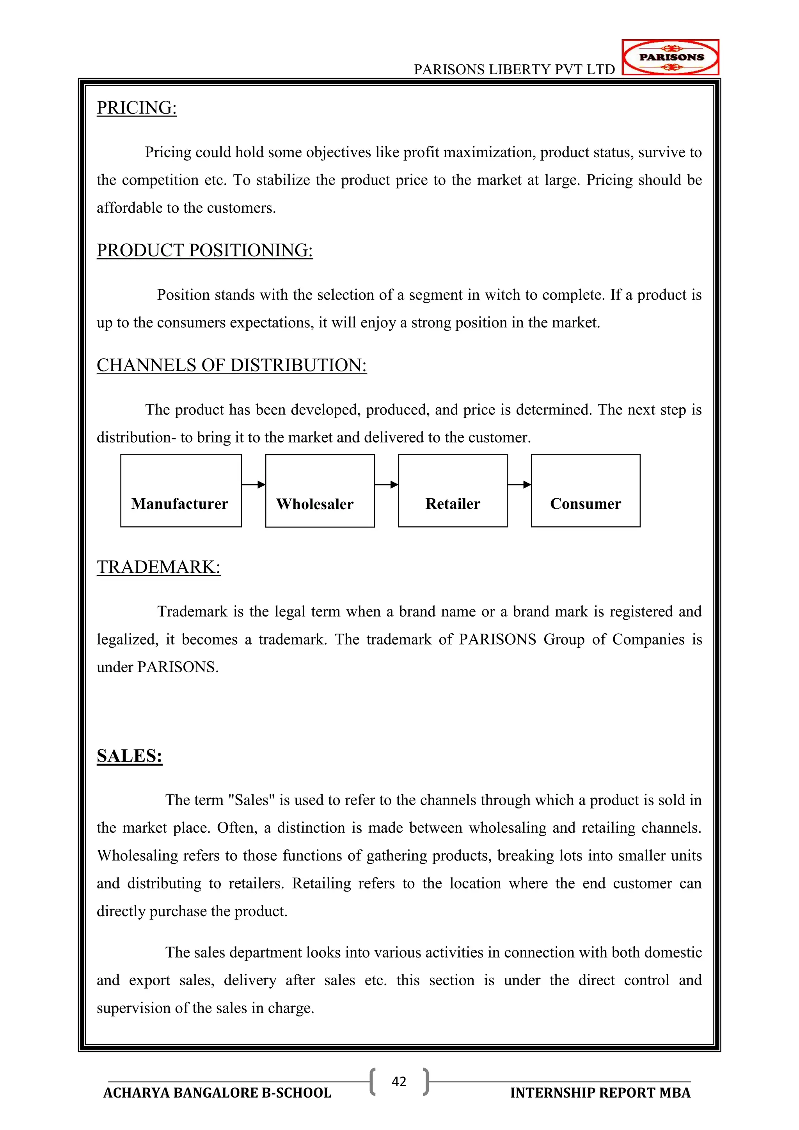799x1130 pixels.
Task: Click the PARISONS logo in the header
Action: (670, 57)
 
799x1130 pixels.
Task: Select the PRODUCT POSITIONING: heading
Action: (205, 250)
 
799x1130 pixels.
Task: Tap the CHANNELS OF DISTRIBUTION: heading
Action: (232, 365)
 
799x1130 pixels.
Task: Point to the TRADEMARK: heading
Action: (158, 567)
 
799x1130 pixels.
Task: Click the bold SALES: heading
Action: (130, 756)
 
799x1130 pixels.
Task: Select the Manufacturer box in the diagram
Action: (181, 491)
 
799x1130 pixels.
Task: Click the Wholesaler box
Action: (320, 491)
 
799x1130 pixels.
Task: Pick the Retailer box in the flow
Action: (453, 491)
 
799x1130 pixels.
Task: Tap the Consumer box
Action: (586, 491)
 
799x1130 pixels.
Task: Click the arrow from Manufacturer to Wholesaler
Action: (253, 485)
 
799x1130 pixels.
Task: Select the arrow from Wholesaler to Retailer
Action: (386, 485)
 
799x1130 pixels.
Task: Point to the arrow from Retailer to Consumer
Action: (519, 485)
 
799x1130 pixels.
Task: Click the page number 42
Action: (399, 1081)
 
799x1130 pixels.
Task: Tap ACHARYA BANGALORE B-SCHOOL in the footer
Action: (217, 1093)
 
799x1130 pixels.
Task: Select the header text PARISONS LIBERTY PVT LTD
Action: (514, 70)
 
